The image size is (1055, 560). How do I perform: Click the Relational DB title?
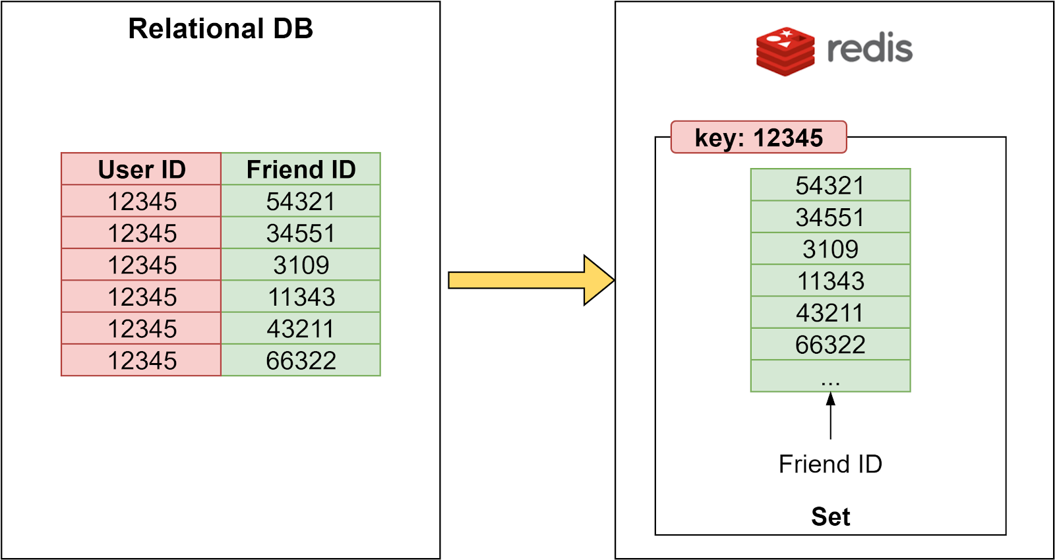(x=220, y=29)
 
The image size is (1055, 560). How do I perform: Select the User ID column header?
(x=141, y=169)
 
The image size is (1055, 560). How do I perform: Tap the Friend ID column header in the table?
(x=301, y=169)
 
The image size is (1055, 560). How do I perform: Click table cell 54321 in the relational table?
(x=301, y=201)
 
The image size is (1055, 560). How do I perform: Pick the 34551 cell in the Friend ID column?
(x=301, y=233)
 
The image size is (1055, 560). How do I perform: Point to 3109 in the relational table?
(x=301, y=265)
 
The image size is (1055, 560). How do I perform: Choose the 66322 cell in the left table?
(x=301, y=360)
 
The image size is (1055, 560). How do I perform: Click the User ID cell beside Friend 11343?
(x=141, y=296)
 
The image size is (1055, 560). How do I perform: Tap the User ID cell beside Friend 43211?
(x=141, y=328)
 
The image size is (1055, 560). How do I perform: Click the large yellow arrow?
(x=527, y=281)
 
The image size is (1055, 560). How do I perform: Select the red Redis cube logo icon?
(x=785, y=51)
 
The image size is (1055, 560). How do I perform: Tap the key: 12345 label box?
(x=758, y=138)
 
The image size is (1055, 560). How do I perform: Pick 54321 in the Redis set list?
(x=829, y=185)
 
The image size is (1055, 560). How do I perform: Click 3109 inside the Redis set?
(x=829, y=249)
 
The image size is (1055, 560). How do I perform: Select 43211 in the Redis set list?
(x=829, y=312)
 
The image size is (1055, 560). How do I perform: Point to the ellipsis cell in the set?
(x=829, y=376)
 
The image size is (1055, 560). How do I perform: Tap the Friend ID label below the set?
(x=829, y=464)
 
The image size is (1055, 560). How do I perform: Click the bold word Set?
(x=829, y=517)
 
